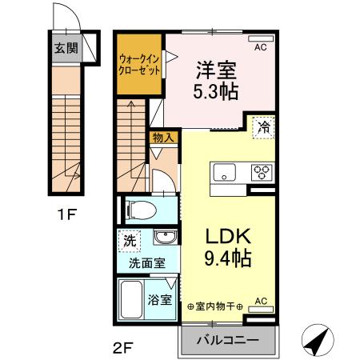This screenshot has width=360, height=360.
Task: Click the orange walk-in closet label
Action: click(x=139, y=64)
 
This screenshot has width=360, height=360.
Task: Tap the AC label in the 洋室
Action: click(x=261, y=48)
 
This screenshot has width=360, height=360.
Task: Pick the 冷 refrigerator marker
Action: click(x=263, y=126)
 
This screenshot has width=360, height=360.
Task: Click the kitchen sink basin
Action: click(x=223, y=171)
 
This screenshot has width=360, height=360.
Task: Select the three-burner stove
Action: click(x=261, y=171)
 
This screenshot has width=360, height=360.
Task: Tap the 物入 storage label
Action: click(x=163, y=138)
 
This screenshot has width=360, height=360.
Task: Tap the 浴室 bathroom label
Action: click(x=160, y=302)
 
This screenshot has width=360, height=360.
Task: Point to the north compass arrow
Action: click(x=318, y=342)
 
